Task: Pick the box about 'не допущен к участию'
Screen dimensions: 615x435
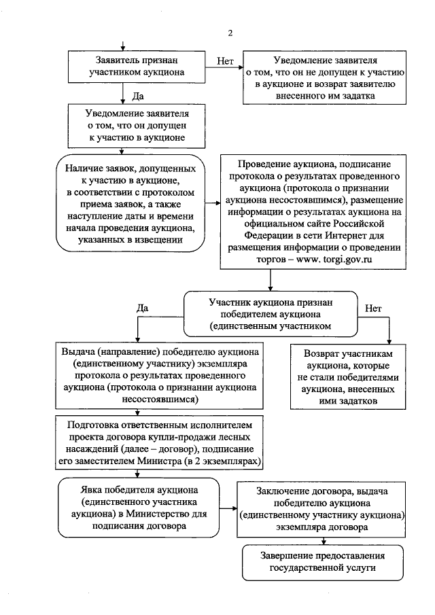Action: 328,78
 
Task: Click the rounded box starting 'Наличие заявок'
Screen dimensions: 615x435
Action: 131,203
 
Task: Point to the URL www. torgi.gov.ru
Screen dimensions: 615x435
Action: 335,259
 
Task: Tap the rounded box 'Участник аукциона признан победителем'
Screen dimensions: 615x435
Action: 274,314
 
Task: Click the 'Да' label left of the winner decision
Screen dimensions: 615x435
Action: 143,308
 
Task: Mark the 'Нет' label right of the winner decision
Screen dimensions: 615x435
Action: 374,308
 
